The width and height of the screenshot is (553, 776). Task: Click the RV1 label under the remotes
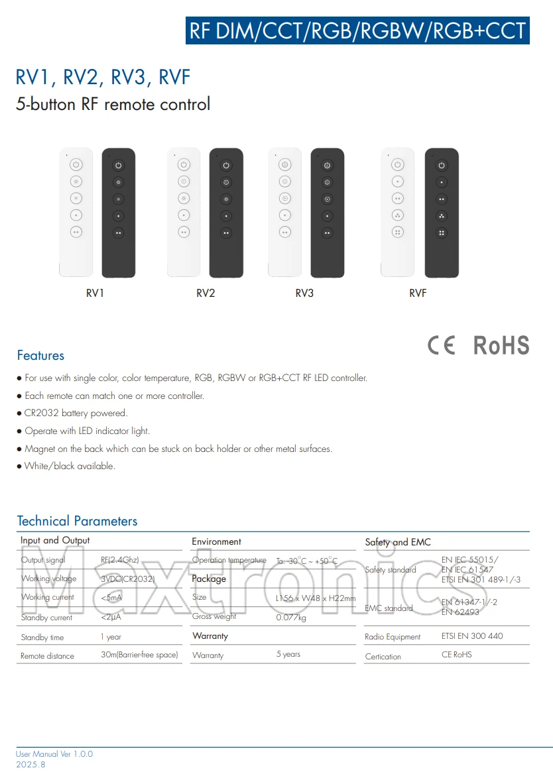coord(95,293)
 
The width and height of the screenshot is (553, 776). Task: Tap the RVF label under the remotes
coord(418,293)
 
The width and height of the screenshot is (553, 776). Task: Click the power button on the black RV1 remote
coord(119,165)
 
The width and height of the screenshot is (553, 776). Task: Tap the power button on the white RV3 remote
coord(285,165)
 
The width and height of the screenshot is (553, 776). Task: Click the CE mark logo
coord(442,345)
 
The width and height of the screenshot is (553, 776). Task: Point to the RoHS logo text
coord(501,345)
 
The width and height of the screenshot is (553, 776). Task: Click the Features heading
coord(40,356)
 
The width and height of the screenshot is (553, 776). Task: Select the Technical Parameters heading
coord(77,521)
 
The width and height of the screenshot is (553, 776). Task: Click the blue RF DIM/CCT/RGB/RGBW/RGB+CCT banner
coord(357,30)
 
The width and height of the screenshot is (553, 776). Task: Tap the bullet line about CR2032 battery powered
coord(76,414)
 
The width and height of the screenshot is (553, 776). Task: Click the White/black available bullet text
coord(70,467)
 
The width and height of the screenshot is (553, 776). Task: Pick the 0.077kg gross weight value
coord(291,618)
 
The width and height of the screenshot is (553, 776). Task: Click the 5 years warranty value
coord(288,655)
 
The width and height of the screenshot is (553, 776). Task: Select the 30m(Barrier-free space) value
coord(139,655)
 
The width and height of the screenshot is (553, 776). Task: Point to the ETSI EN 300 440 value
coord(472,636)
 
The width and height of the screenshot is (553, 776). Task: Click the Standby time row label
coord(42,637)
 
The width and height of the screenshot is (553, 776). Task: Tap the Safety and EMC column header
coord(398,542)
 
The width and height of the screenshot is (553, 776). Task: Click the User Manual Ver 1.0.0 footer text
coord(54,754)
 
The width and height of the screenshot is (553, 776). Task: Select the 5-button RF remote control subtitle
coord(113,104)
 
